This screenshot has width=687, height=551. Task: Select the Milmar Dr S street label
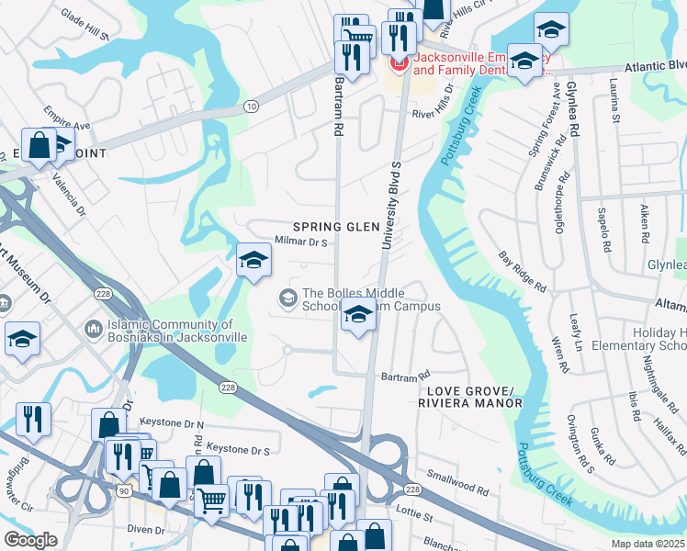[x=302, y=242]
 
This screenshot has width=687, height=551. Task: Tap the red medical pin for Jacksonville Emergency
[x=399, y=62]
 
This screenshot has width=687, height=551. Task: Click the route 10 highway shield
[x=251, y=107]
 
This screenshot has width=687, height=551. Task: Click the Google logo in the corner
[x=30, y=540]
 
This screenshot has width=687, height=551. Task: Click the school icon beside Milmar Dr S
[x=253, y=261]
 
